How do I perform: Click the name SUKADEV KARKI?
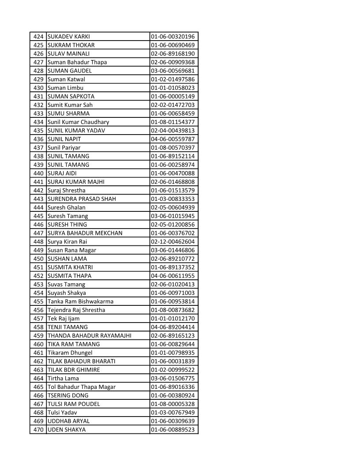point(68,37)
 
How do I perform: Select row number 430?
point(38,88)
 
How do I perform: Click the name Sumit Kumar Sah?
point(70,105)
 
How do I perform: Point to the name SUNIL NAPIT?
point(64,139)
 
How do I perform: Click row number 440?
point(38,173)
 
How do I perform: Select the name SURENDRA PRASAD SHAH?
point(82,199)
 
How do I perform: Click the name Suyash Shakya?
point(67,293)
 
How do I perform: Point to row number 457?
point(38,319)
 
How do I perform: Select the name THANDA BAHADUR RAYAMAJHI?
point(89,336)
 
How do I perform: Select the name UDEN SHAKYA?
point(67,430)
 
